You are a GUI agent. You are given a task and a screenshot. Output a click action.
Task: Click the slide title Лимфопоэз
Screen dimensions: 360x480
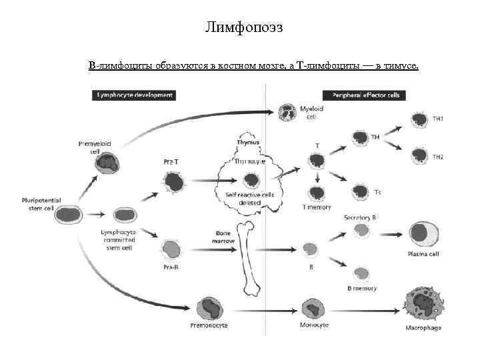(243, 27)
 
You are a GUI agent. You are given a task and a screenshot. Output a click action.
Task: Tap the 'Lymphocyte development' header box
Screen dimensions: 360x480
(135, 95)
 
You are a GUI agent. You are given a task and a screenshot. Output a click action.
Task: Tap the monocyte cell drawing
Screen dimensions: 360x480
(311, 308)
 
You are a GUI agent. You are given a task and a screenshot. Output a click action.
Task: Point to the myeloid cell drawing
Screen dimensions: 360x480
(287, 112)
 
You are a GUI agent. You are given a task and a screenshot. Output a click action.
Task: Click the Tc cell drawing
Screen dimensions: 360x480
(361, 191)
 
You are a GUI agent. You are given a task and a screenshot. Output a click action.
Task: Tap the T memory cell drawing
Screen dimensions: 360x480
(317, 193)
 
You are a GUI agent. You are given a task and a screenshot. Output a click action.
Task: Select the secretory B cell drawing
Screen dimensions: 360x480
(361, 231)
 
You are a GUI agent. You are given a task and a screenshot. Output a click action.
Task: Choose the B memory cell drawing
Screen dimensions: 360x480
(361, 273)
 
